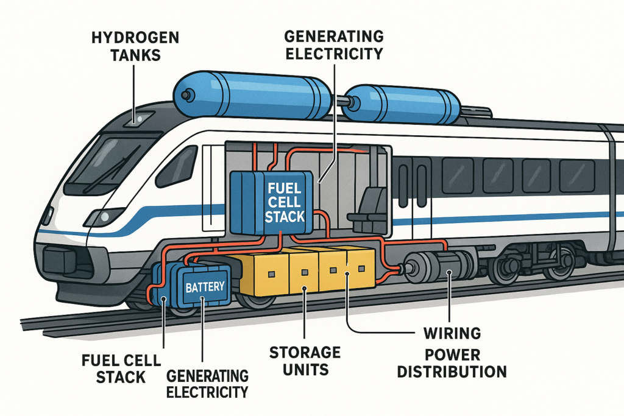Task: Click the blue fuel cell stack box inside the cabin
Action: [272, 200]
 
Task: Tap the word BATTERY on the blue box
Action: [204, 286]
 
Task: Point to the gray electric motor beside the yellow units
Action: [439, 268]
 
